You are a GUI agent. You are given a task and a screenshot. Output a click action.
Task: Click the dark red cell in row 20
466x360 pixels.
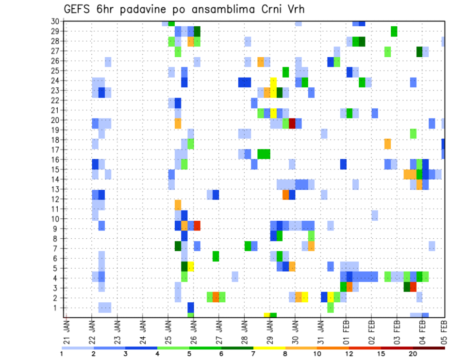pyautogui.click(x=292, y=123)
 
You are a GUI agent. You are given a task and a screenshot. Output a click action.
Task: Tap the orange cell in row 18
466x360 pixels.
pyautogui.click(x=387, y=144)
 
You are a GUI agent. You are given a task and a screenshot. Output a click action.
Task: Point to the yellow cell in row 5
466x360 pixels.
pyautogui.click(x=191, y=266)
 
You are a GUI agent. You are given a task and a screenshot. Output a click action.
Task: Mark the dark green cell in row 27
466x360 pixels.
pyautogui.click(x=419, y=51)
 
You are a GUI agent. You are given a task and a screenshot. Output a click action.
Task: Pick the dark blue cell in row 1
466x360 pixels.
pyautogui.click(x=191, y=308)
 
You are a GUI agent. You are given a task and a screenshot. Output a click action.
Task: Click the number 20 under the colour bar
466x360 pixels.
pyautogui.click(x=413, y=353)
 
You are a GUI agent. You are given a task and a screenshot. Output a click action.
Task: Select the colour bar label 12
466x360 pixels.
pyautogui.click(x=349, y=353)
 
